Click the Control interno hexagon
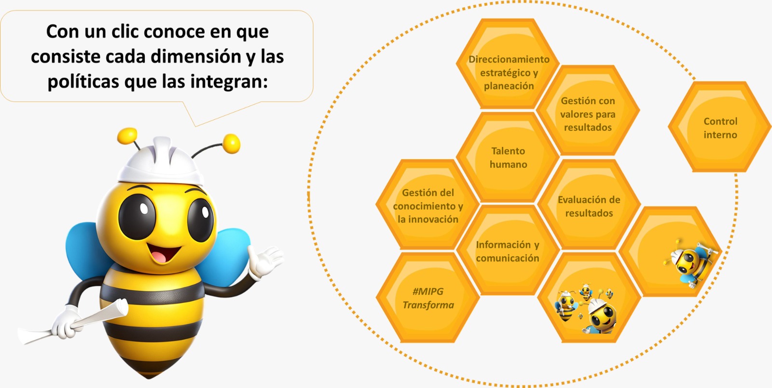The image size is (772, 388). (719, 127)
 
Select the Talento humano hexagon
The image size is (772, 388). (508, 157)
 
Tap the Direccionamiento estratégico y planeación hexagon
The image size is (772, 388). (508, 64)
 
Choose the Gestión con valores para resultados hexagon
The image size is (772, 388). (588, 110)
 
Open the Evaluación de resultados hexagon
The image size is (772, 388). (589, 204)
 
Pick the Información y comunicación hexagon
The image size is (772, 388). (508, 250)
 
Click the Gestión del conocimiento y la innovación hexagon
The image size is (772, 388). (427, 204)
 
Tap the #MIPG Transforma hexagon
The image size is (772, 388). (427, 298)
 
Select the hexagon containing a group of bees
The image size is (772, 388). (589, 298)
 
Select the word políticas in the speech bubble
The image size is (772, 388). (83, 82)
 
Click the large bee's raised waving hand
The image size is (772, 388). (265, 262)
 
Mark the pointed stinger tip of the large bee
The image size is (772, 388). (149, 378)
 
